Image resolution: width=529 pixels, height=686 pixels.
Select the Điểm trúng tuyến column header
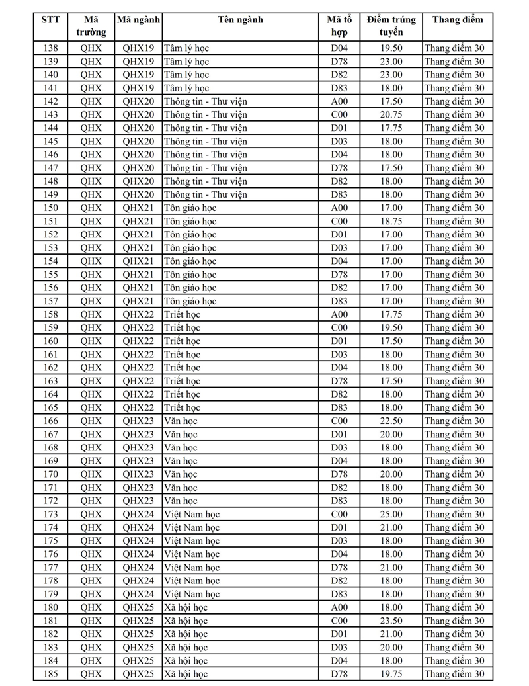click(x=391, y=26)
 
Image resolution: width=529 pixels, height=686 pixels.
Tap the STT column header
click(x=50, y=19)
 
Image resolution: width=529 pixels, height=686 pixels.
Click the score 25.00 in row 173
click(x=391, y=514)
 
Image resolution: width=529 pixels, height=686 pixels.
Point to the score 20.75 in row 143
click(x=391, y=114)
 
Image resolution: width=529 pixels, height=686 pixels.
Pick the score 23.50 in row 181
click(x=391, y=621)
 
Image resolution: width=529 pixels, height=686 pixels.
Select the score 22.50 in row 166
click(x=391, y=421)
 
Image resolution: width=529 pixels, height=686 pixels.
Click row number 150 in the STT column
click(x=50, y=208)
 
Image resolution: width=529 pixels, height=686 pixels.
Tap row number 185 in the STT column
click(x=50, y=674)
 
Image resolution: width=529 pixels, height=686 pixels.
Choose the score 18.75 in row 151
click(x=391, y=221)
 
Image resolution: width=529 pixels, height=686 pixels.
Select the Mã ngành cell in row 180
click(x=138, y=607)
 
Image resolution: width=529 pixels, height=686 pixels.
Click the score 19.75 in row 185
click(x=391, y=674)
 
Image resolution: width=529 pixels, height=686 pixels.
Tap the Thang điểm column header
click(x=458, y=19)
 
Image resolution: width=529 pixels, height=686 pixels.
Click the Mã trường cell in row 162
click(x=91, y=368)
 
